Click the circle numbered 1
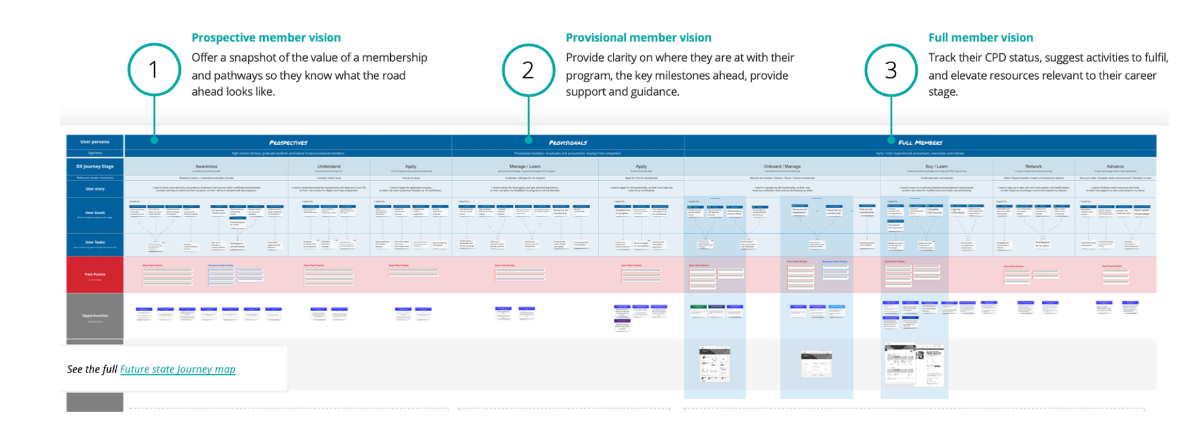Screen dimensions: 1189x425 click(x=154, y=69)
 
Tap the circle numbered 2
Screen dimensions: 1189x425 click(x=528, y=70)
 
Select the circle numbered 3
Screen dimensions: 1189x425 click(x=891, y=70)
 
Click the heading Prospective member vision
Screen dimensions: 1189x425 click(x=266, y=38)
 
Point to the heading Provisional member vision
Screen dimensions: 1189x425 click(x=638, y=38)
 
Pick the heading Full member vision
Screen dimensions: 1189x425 click(x=980, y=38)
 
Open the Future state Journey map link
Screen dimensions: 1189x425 click(x=178, y=369)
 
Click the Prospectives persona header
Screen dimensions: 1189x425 click(x=288, y=142)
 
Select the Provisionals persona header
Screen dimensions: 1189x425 click(x=568, y=142)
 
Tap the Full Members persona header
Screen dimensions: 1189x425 click(x=920, y=142)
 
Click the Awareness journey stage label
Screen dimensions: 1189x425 click(x=206, y=166)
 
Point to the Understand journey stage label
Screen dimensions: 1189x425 click(x=329, y=166)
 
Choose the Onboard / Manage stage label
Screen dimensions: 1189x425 click(x=782, y=166)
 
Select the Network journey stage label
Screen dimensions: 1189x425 click(x=1034, y=166)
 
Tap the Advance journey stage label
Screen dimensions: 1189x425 click(x=1115, y=166)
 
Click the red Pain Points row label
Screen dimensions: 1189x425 click(x=95, y=275)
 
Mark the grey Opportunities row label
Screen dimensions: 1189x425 click(x=95, y=316)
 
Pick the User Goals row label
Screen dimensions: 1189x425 click(x=95, y=213)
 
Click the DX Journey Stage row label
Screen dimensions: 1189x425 click(x=95, y=166)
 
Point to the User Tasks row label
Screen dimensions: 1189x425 click(x=95, y=243)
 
